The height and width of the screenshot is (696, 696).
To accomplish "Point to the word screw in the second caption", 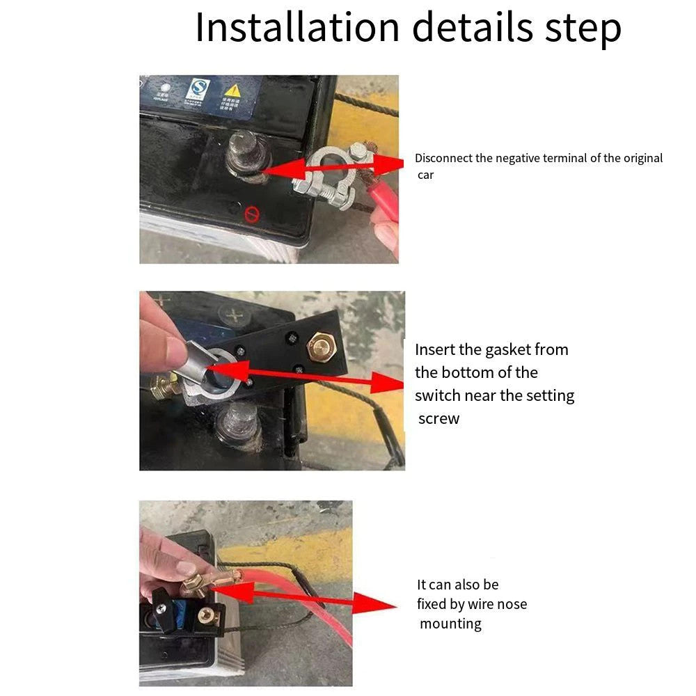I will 438,419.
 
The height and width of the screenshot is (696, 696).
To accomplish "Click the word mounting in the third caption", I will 450,624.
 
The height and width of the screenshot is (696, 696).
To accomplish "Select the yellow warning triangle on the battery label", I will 232,90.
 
